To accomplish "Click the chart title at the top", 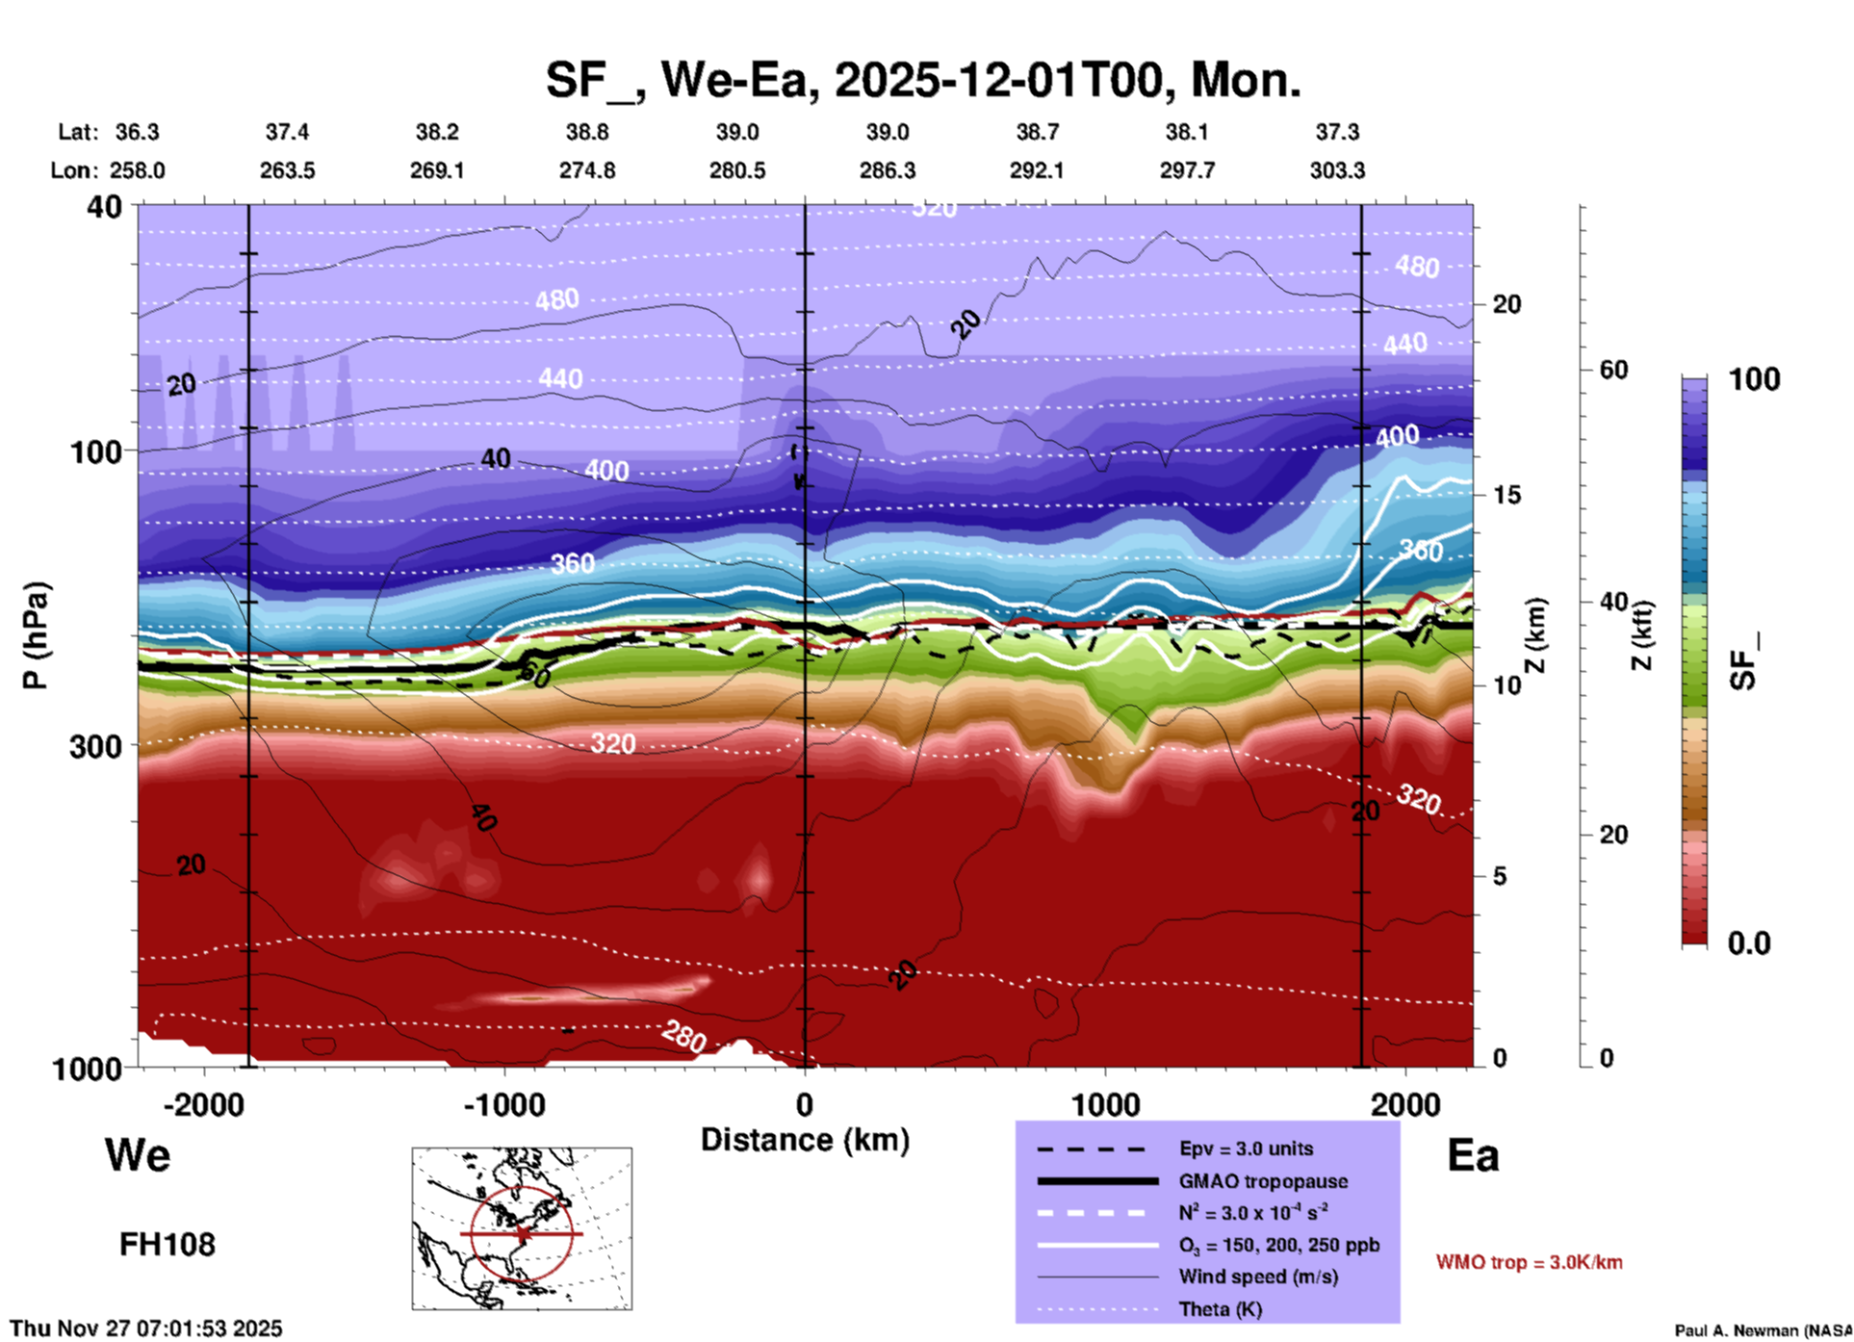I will tap(922, 80).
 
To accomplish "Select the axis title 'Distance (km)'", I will tap(805, 1140).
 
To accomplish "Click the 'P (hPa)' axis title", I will tap(35, 634).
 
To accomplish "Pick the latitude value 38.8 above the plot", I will tap(587, 132).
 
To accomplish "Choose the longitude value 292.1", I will tap(1037, 170).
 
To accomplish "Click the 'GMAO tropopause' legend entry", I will tap(1263, 1181).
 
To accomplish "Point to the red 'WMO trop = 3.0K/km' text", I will tap(1529, 1262).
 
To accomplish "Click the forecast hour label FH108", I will tap(167, 1245).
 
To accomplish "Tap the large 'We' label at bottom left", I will tap(138, 1155).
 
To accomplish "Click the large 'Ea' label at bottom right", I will tap(1473, 1155).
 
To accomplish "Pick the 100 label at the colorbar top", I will tap(1754, 379).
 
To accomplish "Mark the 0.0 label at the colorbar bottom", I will tap(1749, 943).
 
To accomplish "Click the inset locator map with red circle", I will tap(522, 1228).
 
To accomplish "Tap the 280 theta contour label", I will tap(683, 1037).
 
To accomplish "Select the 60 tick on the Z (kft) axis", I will tap(1613, 370).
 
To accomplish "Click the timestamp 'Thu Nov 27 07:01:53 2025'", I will tap(146, 1329).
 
